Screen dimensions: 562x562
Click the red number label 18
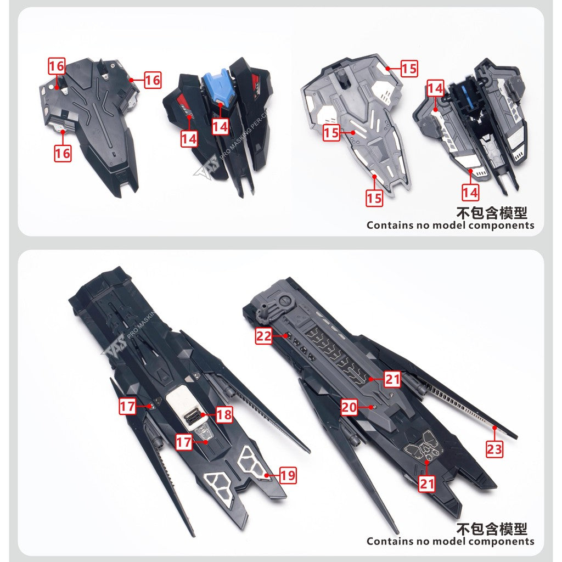[224, 414]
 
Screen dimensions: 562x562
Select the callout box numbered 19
[288, 475]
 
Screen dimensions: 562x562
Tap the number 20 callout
[349, 407]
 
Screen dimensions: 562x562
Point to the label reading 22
[264, 336]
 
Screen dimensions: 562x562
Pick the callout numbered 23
[494, 449]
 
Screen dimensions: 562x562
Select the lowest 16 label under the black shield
[63, 153]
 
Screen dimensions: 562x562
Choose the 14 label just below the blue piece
[220, 127]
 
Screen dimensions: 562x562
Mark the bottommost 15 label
[374, 198]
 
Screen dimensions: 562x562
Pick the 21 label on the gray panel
[392, 379]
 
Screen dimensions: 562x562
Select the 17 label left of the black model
[128, 407]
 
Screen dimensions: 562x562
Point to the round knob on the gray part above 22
[285, 301]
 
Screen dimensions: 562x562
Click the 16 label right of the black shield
[153, 80]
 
